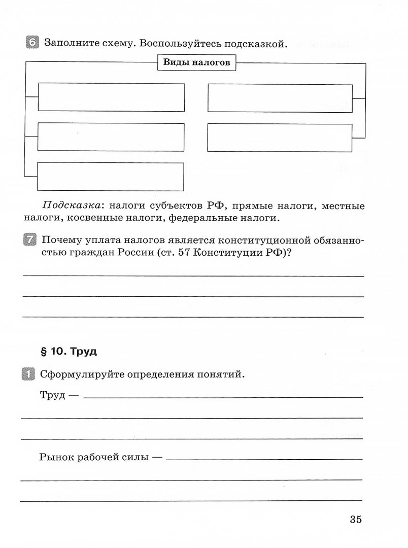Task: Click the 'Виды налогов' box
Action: [197, 63]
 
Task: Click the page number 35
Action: [355, 519]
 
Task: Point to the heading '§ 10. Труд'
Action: [68, 351]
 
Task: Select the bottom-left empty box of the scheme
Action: [111, 176]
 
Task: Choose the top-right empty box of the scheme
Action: [280, 98]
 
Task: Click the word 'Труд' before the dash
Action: [52, 395]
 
